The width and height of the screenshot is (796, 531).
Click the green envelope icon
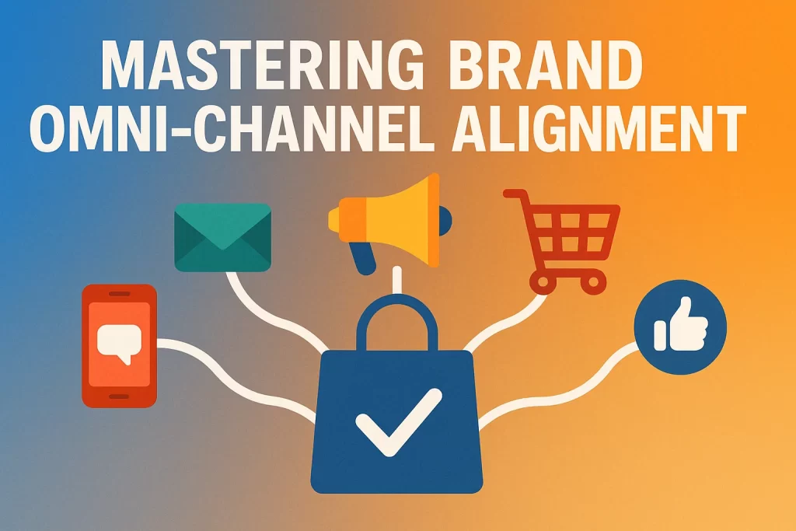point(222,237)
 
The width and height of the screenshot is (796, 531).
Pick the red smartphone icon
point(119,345)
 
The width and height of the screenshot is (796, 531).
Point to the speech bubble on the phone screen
point(119,343)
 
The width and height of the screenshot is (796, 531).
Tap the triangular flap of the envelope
point(222,229)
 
